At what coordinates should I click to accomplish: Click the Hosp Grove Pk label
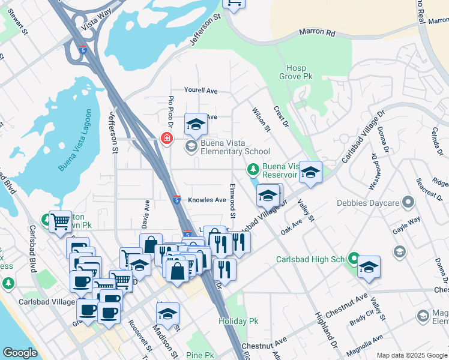296,73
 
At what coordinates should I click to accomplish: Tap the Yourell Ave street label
200,91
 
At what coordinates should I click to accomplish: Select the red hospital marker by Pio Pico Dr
166,139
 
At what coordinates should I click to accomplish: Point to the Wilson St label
262,119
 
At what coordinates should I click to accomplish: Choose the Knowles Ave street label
207,200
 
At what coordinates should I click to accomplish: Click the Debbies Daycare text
367,202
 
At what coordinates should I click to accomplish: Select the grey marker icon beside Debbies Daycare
408,202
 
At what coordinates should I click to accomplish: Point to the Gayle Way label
406,224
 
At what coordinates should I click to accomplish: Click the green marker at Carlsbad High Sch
354,260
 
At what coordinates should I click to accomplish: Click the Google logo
20,353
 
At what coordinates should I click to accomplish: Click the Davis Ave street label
145,214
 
